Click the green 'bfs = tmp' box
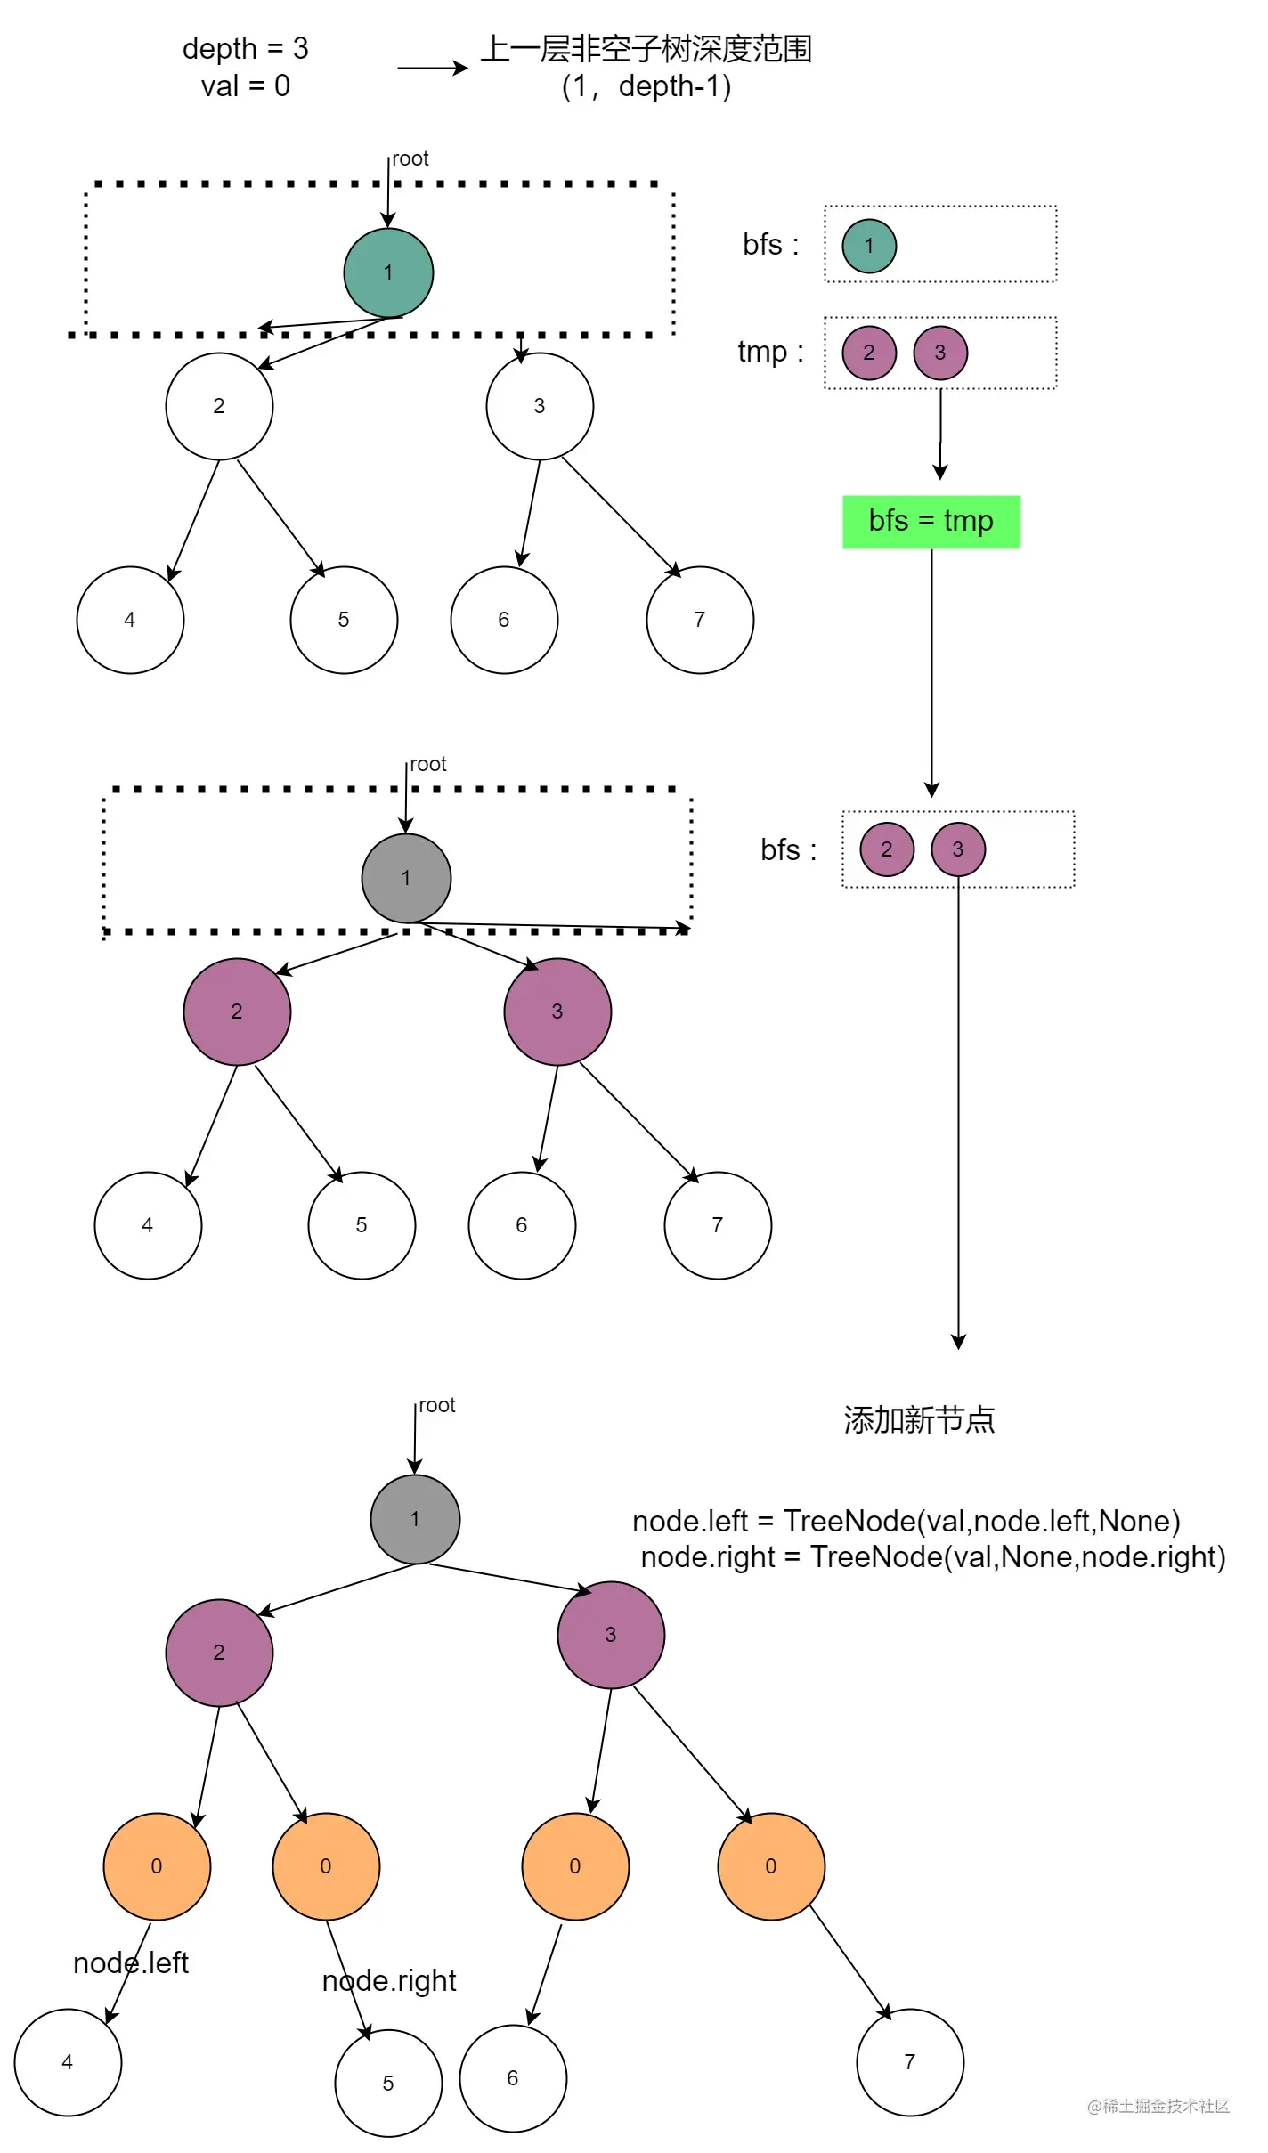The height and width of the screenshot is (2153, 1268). [x=931, y=522]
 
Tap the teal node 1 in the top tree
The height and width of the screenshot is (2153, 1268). [x=388, y=272]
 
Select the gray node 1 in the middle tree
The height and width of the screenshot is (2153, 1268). [x=406, y=878]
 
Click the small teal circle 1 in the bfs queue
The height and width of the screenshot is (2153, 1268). [x=869, y=246]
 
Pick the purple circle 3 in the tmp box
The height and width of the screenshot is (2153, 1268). [x=940, y=353]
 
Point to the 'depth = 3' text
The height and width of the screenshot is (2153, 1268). [x=245, y=48]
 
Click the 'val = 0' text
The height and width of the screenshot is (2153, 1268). [x=245, y=86]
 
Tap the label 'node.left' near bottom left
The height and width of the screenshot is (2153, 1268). [x=131, y=1962]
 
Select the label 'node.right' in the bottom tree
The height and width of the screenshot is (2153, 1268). [x=389, y=1980]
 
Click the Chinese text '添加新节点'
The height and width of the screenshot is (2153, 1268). [x=919, y=1419]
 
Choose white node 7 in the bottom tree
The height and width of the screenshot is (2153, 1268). [x=910, y=2061]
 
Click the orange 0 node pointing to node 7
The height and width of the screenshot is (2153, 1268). [x=771, y=1865]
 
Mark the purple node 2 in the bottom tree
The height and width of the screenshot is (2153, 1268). [x=219, y=1652]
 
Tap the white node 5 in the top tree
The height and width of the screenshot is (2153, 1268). [x=344, y=620]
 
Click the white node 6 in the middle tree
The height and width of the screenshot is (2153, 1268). [x=522, y=1225]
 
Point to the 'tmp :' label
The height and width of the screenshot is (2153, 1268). [x=770, y=352]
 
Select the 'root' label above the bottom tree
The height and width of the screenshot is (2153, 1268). [x=436, y=1405]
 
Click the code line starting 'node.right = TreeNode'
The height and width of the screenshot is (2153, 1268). [x=933, y=1556]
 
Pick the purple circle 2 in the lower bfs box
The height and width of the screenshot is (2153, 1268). [x=887, y=849]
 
